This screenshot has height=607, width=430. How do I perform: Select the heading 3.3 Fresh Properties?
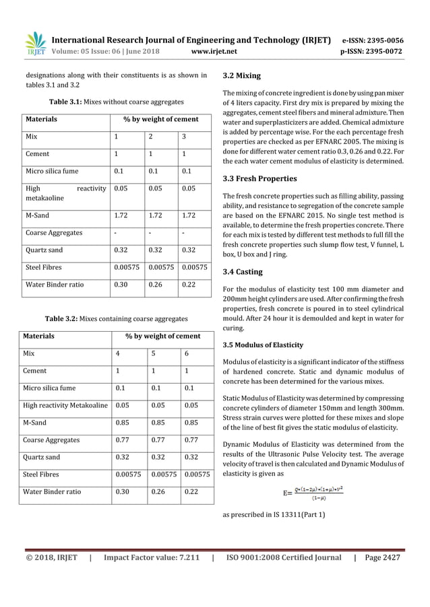point(259,178)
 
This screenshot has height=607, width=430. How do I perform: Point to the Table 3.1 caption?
point(115,101)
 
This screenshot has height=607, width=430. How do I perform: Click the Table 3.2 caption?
point(115,318)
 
